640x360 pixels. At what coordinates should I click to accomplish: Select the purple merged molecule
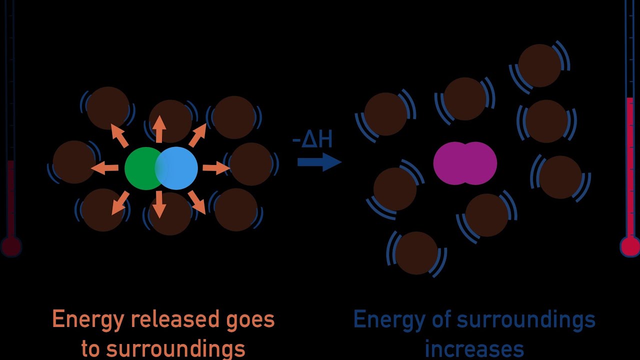coord(465,163)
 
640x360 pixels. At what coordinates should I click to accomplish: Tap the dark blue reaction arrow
coord(319,162)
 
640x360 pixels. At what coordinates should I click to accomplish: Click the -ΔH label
coord(312,140)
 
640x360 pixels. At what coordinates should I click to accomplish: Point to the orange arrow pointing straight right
coord(215,168)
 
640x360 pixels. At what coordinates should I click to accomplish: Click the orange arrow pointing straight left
coord(105,168)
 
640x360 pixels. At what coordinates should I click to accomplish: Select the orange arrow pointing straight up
coord(159,129)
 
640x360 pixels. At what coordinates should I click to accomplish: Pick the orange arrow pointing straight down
coord(159,205)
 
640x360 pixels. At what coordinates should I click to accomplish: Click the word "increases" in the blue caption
coord(474,349)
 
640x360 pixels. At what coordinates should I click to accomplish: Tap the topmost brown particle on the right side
coord(539,65)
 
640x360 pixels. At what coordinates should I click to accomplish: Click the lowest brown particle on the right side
coord(416,253)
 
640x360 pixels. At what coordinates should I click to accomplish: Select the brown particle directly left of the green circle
coord(74,162)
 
